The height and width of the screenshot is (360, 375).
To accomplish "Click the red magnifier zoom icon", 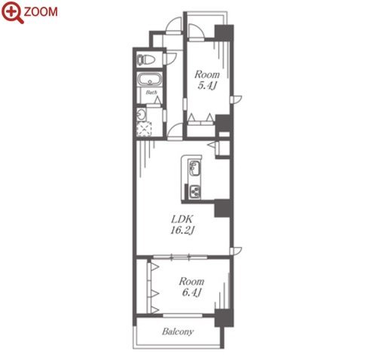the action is click(13, 11).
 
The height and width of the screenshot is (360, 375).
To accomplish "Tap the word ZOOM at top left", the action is click(41, 12).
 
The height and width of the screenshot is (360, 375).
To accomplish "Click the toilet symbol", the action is click(146, 59).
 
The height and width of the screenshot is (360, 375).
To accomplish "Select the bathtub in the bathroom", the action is click(150, 80).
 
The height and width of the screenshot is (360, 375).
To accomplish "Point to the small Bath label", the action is click(151, 93).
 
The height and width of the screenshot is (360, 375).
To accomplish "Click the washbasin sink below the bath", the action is click(141, 115).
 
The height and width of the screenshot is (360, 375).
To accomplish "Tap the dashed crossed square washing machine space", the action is click(144, 129).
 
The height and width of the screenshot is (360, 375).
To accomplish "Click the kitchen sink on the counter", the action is click(194, 169).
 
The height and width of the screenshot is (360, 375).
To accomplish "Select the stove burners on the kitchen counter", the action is click(194, 192).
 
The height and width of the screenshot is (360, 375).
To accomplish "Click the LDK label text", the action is click(182, 219).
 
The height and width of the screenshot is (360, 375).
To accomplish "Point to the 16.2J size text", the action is click(182, 230).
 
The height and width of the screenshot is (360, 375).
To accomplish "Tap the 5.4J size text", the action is click(207, 86).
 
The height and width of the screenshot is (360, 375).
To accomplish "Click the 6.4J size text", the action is click(191, 292).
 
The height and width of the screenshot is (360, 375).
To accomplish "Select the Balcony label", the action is click(178, 331).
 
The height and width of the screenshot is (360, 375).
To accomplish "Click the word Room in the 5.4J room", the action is click(207, 75).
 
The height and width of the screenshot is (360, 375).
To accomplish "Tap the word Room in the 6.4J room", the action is click(191, 282).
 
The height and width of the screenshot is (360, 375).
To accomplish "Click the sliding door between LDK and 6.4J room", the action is click(180, 257).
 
